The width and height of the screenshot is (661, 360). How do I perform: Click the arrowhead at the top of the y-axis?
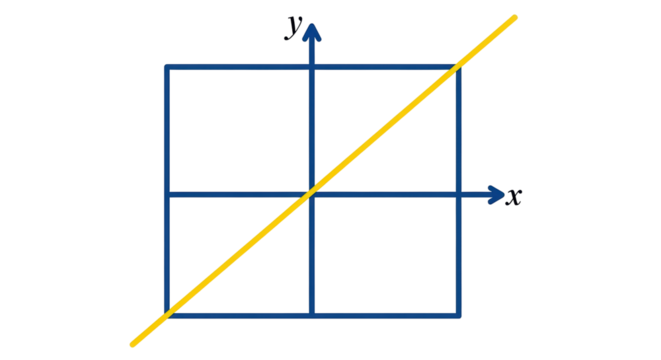tap(313, 33)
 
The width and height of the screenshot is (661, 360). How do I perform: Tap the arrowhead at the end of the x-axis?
tap(495, 194)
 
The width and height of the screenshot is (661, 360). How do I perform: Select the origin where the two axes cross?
tap(313, 194)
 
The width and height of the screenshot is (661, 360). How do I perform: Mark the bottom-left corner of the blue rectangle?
tap(167, 316)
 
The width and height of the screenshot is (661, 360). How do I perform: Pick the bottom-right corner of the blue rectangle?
tap(458, 316)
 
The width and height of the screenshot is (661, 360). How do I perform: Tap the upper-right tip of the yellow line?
tap(515, 16)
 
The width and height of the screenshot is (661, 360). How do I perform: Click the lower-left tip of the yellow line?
tap(133, 345)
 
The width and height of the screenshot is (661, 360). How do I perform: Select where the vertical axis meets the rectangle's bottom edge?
tap(313, 316)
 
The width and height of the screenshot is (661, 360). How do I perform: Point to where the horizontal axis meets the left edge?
tap(167, 195)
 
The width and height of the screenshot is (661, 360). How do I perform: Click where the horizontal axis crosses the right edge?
tap(458, 194)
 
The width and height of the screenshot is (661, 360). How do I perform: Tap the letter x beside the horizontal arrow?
tap(513, 199)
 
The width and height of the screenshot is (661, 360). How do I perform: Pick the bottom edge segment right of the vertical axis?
tap(385, 316)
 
